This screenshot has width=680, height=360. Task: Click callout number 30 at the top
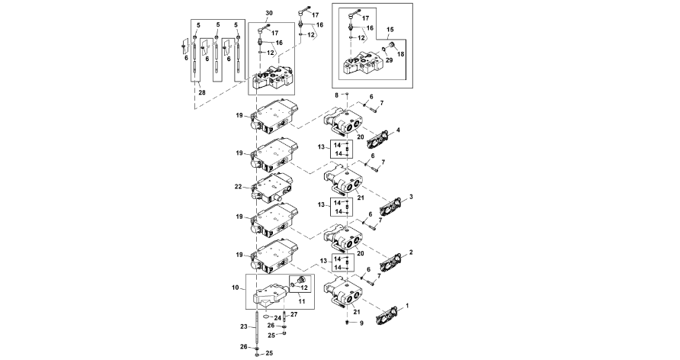click(x=269, y=14)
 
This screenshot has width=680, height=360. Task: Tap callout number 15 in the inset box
click(x=390, y=30)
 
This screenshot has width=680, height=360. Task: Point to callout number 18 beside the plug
click(x=400, y=54)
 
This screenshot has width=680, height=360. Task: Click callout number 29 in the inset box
click(x=389, y=60)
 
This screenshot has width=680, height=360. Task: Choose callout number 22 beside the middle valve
click(x=238, y=187)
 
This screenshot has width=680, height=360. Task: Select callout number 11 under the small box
click(x=302, y=301)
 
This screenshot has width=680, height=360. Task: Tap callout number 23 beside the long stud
click(x=245, y=326)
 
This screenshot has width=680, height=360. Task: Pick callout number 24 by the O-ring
click(x=277, y=318)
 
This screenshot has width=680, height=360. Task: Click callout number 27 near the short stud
click(x=294, y=314)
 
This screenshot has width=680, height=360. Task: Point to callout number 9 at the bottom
click(x=361, y=323)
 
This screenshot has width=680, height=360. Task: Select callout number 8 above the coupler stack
click(x=336, y=95)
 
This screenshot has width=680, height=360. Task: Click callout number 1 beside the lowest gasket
click(x=406, y=306)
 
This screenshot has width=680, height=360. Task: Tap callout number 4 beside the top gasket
click(x=398, y=130)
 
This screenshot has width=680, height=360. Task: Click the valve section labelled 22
click(x=269, y=188)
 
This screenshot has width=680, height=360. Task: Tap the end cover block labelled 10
click(x=270, y=295)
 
